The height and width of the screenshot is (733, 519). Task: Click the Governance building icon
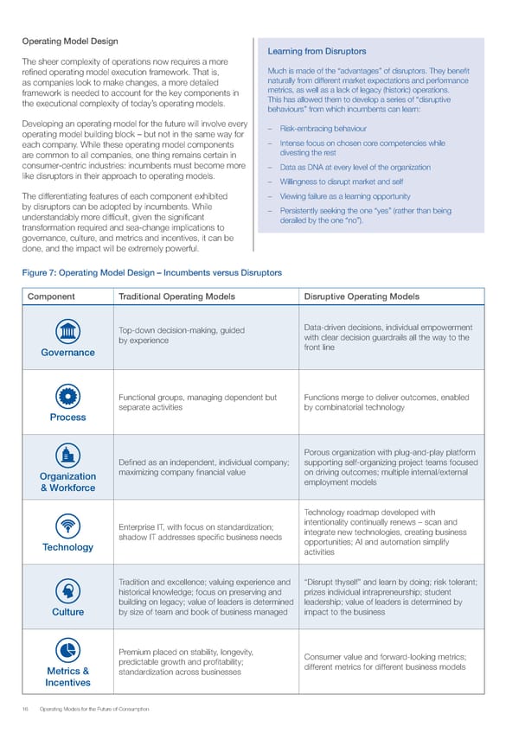coord(67,332)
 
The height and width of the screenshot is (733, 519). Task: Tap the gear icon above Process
coord(67,397)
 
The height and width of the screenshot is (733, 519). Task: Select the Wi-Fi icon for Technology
coord(67,526)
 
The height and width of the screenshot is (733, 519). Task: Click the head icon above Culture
coord(67,591)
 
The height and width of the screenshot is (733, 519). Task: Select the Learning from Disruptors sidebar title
coord(317,51)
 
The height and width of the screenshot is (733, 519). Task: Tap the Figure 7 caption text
coord(151,272)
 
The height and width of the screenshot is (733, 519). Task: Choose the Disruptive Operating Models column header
coord(362,296)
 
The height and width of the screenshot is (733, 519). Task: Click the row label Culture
coord(67,612)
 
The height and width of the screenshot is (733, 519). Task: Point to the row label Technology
coord(67,547)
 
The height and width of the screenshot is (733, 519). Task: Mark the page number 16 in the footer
coord(26,709)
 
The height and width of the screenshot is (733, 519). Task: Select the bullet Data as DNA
coord(355,167)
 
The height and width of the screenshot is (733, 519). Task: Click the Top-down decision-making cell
coord(181,336)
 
